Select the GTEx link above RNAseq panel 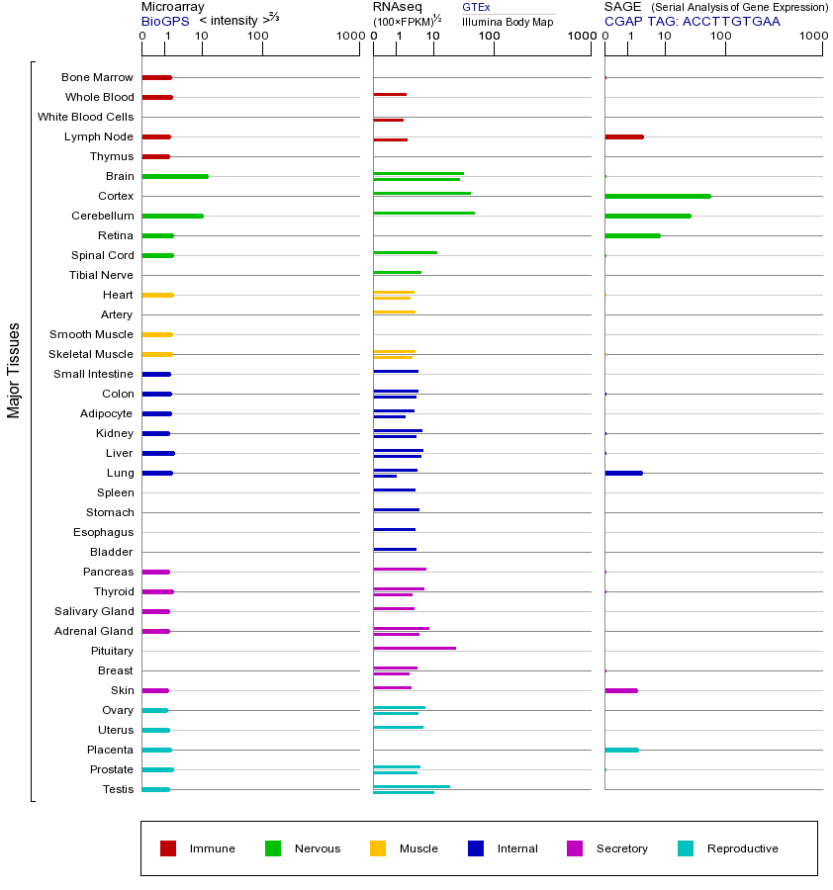(476, 7)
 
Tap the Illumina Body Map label (508, 22)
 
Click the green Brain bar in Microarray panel (175, 176)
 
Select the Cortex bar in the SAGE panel (657, 196)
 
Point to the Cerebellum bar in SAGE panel (647, 216)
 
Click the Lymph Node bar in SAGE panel (623, 136)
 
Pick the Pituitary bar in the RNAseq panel (415, 648)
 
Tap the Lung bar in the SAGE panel (623, 473)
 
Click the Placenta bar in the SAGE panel (621, 750)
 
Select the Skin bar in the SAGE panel (620, 690)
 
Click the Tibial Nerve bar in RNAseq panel (397, 272)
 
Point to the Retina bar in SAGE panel (632, 235)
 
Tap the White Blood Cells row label (85, 117)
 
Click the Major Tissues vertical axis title (14, 369)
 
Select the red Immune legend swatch (168, 848)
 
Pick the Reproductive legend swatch (686, 848)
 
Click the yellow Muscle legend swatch (378, 848)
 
